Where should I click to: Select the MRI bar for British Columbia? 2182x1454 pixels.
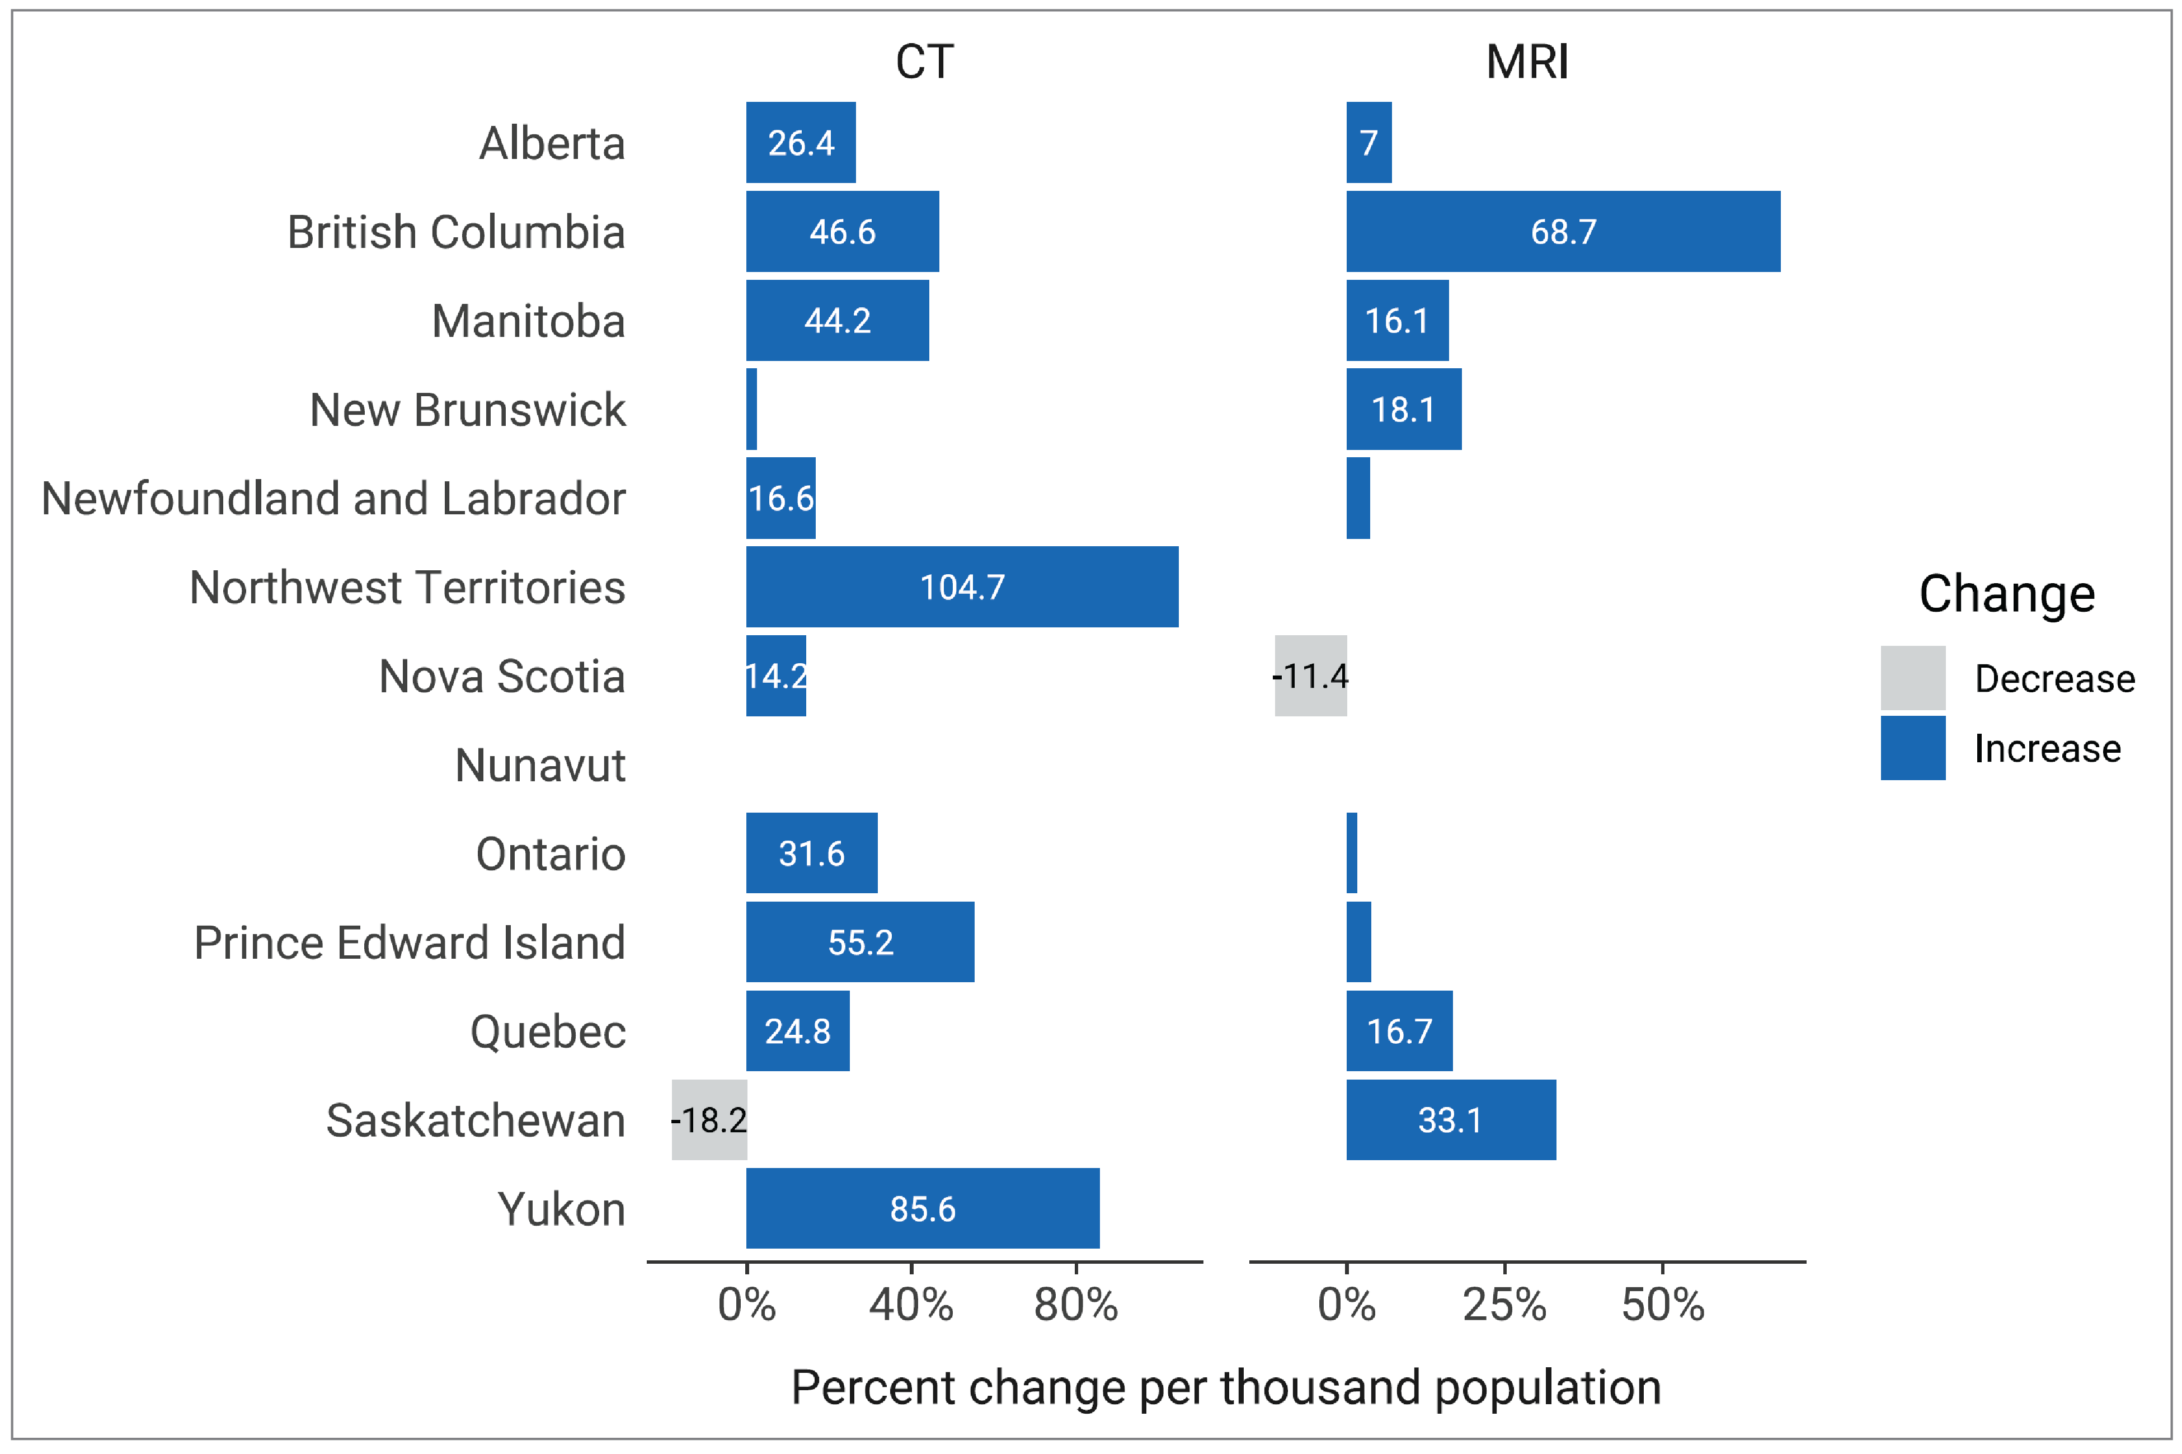[1563, 231]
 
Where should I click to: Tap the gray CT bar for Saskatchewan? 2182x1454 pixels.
[709, 1120]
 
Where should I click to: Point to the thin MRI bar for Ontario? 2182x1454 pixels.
[1352, 853]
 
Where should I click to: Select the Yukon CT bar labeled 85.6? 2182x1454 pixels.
[922, 1208]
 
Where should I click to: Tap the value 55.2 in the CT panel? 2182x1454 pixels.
[860, 942]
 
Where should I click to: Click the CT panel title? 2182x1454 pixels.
[924, 62]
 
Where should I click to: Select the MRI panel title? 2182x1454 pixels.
[1527, 62]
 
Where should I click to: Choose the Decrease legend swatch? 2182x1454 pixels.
[1912, 678]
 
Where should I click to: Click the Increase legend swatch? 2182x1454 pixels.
[1912, 747]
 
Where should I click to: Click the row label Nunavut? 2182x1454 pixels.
[540, 765]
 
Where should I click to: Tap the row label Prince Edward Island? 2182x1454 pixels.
[410, 942]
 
